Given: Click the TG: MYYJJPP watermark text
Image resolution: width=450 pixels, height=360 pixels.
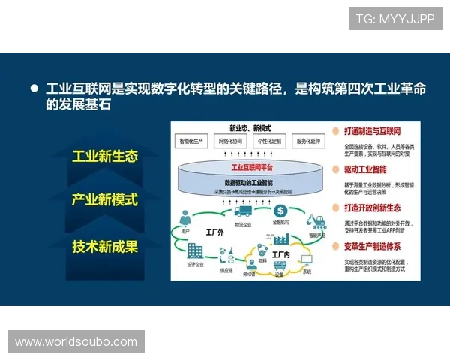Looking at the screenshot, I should [394, 18].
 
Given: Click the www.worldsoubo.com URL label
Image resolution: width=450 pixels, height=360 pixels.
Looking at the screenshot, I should [76, 342].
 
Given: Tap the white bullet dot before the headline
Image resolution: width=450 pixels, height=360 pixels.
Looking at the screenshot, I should [34, 88].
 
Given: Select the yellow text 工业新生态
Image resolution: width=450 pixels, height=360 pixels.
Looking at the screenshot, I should [105, 157].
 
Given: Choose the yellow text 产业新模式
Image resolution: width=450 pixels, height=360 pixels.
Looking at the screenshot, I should [105, 200].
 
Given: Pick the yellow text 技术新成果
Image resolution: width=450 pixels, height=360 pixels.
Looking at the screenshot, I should [105, 245].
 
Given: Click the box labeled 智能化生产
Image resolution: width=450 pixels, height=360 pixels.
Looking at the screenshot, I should [194, 141].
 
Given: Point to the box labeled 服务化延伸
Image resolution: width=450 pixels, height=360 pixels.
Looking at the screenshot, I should [308, 141].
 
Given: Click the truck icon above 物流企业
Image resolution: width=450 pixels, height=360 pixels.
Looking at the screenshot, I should [243, 212].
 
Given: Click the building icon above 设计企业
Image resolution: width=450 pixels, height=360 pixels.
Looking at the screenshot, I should [196, 251].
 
